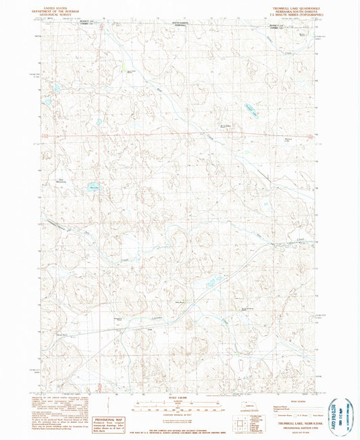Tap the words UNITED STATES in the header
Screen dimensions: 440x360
[x=57, y=5]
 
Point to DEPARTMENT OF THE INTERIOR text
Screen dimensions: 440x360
[x=57, y=8]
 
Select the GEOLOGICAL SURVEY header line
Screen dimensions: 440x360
[x=57, y=11]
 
